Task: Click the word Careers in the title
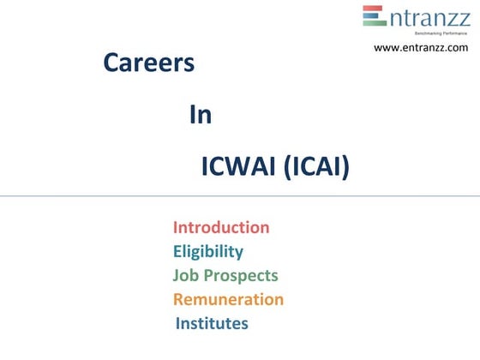pos(149,63)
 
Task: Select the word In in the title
pos(201,116)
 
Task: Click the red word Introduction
pos(221,228)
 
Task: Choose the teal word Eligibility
pos(208,252)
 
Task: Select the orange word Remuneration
pos(228,300)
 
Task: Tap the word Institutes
pos(212,324)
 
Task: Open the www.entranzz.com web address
pos(421,48)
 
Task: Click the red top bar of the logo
pos(373,9)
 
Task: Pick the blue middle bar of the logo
pos(373,17)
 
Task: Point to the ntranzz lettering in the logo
pos(429,16)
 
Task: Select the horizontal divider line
pos(240,196)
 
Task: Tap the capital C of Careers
pos(111,63)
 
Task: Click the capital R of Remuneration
pos(179,300)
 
